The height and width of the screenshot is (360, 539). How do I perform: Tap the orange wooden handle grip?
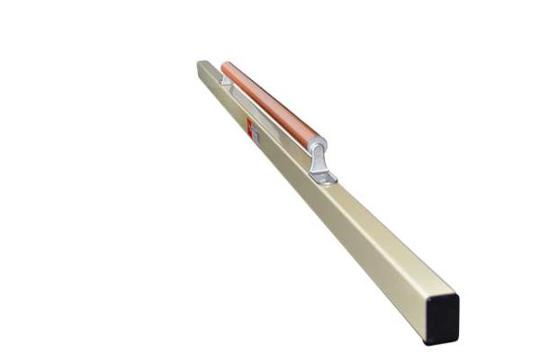(270, 103)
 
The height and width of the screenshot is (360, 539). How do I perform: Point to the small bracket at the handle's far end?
(226, 80)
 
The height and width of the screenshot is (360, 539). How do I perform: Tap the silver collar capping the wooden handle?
(317, 145)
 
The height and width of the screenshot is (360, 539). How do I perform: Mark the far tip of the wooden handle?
(225, 66)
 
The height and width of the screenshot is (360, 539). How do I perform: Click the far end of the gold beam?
(202, 65)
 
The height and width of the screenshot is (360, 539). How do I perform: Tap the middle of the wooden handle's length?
(270, 103)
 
